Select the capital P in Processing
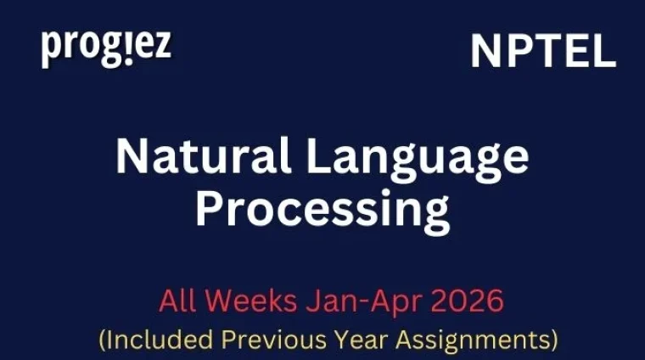click(210, 208)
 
